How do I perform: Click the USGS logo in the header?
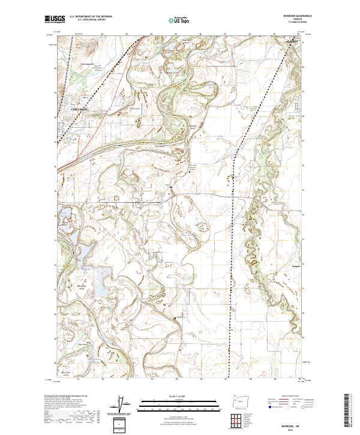pos(55,19)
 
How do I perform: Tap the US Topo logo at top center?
pos(180,20)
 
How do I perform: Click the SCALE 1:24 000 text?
pos(180,395)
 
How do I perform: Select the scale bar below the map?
pos(180,403)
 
